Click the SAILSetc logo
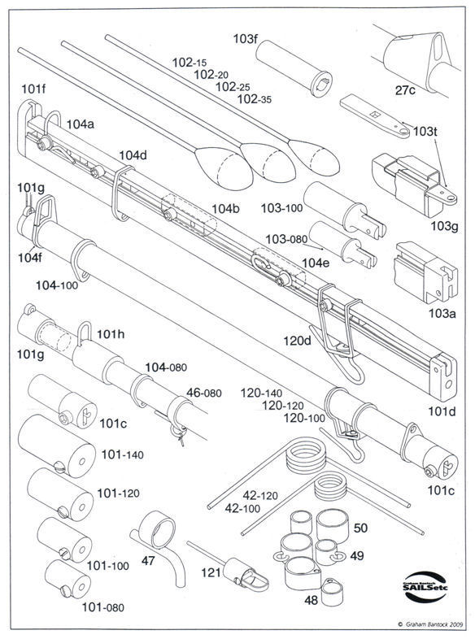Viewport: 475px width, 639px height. (425, 587)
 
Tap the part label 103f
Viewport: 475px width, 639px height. (246, 39)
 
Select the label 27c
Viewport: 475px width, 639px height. (405, 90)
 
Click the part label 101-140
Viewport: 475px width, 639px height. (122, 454)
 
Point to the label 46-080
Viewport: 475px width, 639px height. (204, 393)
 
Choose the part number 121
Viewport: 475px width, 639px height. (211, 572)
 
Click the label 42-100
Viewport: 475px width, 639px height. (242, 508)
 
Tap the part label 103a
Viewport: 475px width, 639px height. (442, 313)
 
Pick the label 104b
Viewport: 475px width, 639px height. (225, 209)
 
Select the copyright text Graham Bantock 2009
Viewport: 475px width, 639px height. (430, 624)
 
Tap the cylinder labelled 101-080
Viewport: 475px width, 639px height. (68, 579)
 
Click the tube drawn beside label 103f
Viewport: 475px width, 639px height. (294, 68)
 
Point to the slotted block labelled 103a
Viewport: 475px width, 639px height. (425, 272)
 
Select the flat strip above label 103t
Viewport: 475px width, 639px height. (375, 116)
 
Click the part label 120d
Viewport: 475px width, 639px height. (297, 341)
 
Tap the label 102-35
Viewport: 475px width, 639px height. (255, 98)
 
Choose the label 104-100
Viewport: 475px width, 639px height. (57, 285)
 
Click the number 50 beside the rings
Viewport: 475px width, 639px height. (360, 528)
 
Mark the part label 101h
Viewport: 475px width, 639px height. (111, 334)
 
